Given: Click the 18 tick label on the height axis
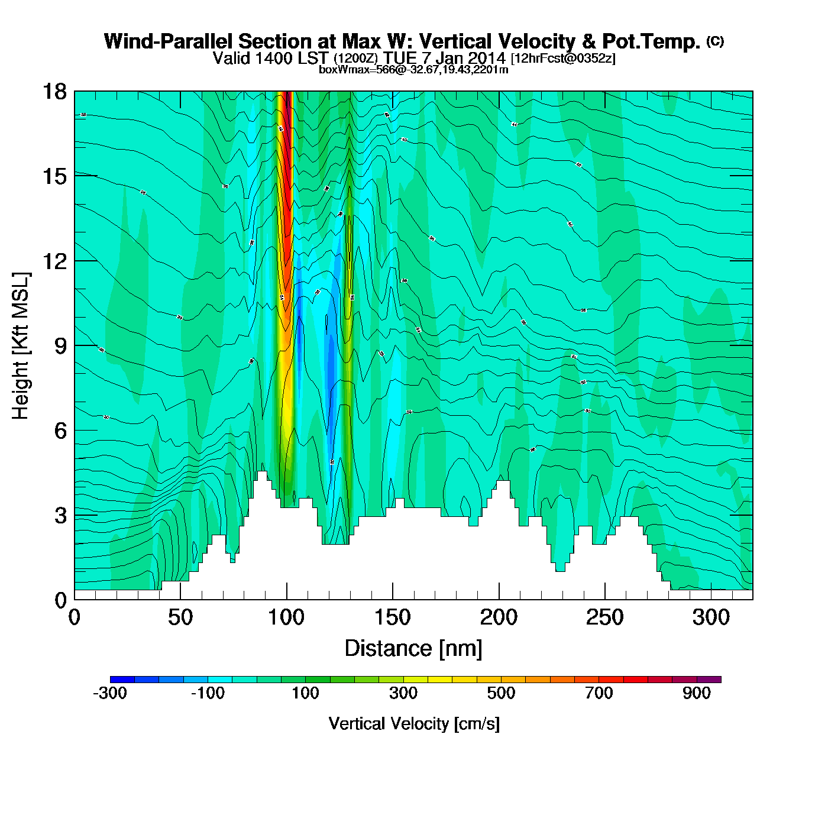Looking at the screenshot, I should pos(54,92).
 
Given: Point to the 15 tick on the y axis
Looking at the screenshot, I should pos(54,176).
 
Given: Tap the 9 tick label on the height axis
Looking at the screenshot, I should pos(60,346).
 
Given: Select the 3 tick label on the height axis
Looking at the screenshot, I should pos(60,516).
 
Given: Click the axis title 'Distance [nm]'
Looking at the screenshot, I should pos(413,649).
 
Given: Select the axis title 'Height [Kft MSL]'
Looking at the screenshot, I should pos(21,346).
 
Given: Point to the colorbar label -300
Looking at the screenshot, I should pos(110,693).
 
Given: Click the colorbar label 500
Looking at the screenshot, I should pos(501,693).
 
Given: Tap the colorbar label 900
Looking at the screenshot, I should pos(697,693).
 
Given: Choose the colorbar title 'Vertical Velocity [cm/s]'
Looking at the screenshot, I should pos(414,723).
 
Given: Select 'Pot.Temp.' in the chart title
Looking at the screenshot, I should pos(651,41).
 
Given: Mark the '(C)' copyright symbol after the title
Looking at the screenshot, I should pos(715,41).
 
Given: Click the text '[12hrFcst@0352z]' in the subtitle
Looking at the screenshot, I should pos(563,59).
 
